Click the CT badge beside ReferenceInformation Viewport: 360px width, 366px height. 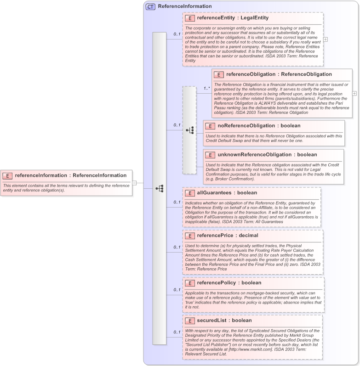coord(150,6)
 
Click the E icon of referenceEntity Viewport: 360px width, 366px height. coord(190,18)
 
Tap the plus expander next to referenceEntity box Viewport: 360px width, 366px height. coord(326,39)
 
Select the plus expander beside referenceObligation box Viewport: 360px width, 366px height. coord(354,93)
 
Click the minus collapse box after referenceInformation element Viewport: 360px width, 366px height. coord(134,182)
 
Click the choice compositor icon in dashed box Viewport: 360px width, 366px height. coord(189,130)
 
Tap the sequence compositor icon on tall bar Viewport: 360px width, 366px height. coord(160,188)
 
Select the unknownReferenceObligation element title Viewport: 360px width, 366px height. coord(254,155)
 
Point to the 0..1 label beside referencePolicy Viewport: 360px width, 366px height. coord(177,290)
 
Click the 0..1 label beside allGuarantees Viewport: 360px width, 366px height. coord(177,202)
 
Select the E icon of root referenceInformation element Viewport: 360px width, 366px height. coord(8,175)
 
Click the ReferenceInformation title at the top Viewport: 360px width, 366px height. coord(184,6)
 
